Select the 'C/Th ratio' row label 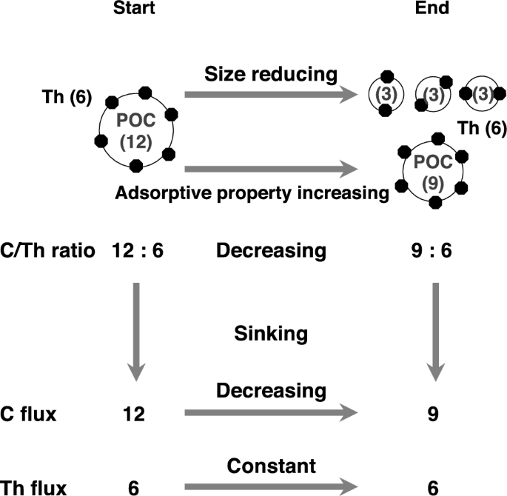(48, 250)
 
